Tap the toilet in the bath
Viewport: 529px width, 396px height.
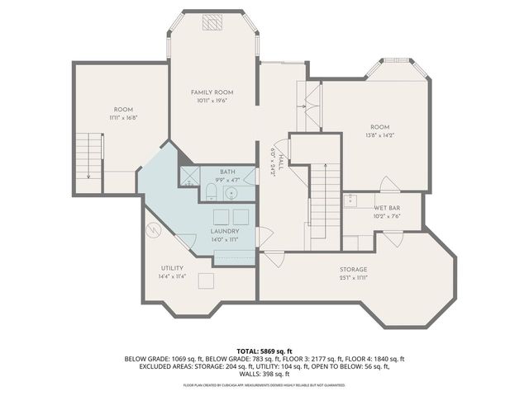coord(210,192)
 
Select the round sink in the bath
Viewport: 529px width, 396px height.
coord(231,193)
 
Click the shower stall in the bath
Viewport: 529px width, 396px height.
coord(189,174)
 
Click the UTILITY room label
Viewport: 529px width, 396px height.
coord(172,269)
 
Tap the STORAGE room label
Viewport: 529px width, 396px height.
coord(353,270)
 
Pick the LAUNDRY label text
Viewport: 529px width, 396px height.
coord(225,232)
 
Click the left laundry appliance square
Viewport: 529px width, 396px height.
coord(221,216)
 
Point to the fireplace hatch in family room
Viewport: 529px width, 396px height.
coord(214,22)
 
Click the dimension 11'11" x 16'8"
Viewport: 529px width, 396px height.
coord(123,117)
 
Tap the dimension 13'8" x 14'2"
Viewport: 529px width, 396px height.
coord(379,134)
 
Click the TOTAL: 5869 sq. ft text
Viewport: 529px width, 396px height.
coord(264,351)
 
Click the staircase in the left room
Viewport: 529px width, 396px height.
coord(88,161)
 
